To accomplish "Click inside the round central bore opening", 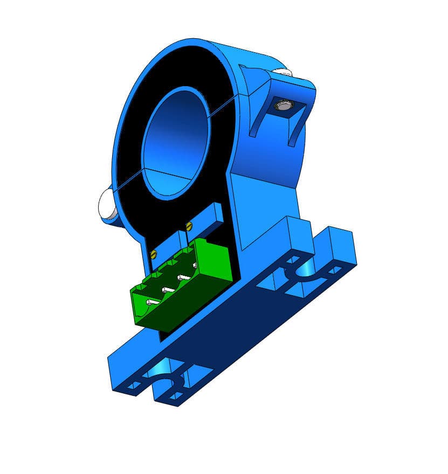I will (x=175, y=143).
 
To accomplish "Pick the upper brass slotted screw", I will (x=188, y=225).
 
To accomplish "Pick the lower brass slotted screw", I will (x=154, y=254).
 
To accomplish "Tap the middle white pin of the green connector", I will (x=168, y=290).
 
